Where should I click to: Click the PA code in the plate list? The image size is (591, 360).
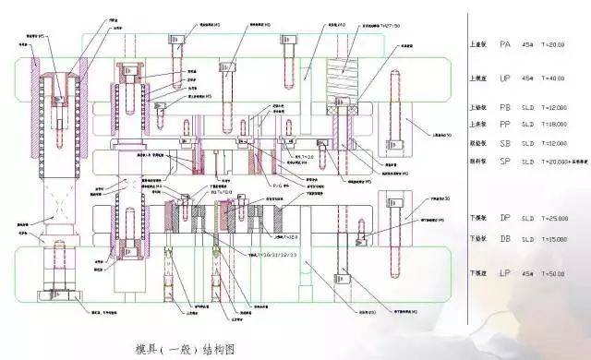505,43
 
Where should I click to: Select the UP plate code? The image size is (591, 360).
505,78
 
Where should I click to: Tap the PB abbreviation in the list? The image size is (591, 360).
505,107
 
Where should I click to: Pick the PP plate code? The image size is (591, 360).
505,124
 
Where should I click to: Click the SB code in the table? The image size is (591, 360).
505,143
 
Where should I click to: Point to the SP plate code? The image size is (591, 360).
505,162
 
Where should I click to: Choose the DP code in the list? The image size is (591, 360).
505,219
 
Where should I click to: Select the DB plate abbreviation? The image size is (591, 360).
505,238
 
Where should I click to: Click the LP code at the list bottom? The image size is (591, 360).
505,273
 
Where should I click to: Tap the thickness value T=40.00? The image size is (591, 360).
557,78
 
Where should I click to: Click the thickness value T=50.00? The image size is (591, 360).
557,274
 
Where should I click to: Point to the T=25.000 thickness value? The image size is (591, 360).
561,219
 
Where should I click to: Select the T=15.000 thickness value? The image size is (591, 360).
561,238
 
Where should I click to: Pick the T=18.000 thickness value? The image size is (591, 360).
561,124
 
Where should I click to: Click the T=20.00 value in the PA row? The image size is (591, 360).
557,43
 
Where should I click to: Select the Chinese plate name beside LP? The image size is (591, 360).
478,274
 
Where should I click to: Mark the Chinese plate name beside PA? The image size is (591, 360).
478,43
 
